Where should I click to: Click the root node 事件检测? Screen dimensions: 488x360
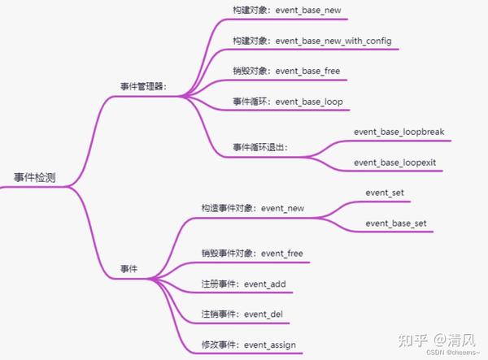(x=35, y=177)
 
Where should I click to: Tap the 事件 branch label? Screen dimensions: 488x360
(x=129, y=268)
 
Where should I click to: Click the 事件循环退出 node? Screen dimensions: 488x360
(x=260, y=147)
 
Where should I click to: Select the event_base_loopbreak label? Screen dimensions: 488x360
(x=399, y=131)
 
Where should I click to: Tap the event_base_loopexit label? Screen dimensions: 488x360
(x=394, y=163)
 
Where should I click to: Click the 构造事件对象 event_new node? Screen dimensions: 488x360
(x=253, y=208)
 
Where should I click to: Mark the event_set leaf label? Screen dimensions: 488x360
(x=385, y=193)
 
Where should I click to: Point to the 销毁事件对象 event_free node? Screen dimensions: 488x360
(x=252, y=254)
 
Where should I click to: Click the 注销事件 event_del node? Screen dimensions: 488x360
(x=242, y=314)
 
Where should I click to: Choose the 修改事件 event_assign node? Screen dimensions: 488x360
(x=248, y=345)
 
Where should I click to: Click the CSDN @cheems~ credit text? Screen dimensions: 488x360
(x=456, y=353)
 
